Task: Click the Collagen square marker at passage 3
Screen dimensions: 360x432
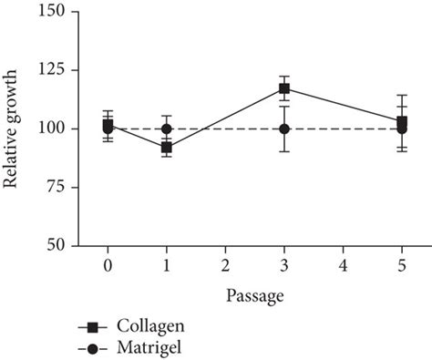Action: click(x=284, y=88)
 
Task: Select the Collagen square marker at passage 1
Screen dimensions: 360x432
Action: click(x=166, y=147)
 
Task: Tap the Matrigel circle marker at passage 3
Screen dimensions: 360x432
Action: click(x=284, y=129)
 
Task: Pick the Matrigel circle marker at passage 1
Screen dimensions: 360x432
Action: click(x=166, y=129)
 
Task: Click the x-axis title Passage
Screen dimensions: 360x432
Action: click(x=254, y=296)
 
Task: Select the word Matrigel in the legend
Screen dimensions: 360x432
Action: click(x=149, y=347)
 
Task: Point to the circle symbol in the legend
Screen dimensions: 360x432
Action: click(x=93, y=347)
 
